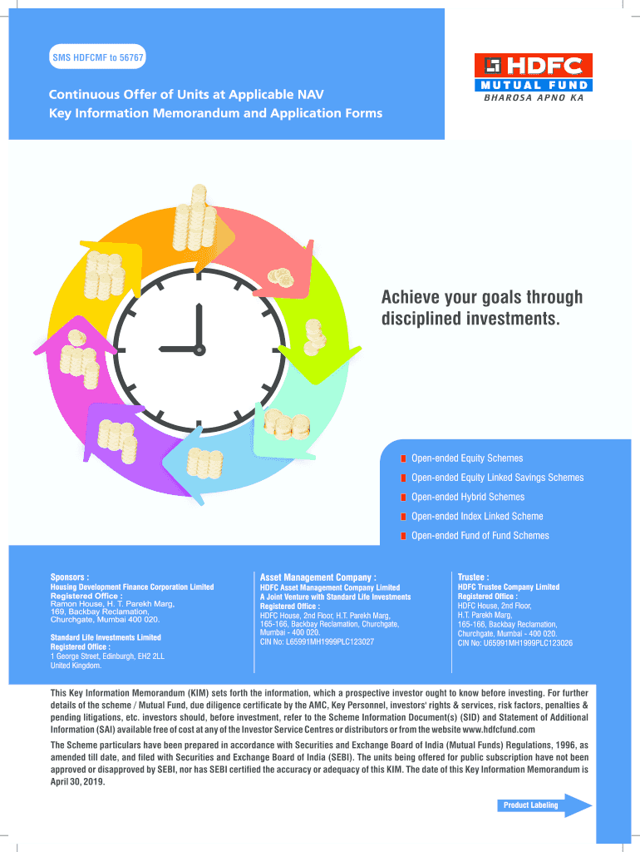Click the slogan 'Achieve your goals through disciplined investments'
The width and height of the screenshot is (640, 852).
click(481, 308)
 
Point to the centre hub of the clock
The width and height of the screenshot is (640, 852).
click(199, 346)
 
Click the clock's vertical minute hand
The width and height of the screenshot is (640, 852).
click(199, 324)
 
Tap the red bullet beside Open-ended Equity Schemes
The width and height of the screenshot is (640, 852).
click(403, 458)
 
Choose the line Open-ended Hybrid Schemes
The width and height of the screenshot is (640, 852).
click(467, 497)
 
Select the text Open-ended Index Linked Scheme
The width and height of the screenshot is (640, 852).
click(476, 517)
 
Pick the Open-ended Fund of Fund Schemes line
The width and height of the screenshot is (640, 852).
click(480, 536)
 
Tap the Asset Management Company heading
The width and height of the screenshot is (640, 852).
click(318, 576)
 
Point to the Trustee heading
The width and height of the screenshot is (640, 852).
click(474, 576)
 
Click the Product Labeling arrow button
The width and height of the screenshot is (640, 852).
click(544, 805)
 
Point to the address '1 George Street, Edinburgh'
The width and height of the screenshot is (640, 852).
click(107, 656)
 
